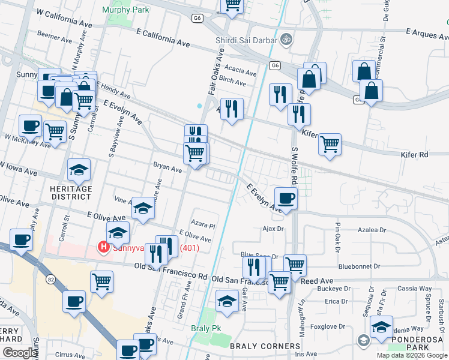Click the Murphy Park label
(x=125, y=10)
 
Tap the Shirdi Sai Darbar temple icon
(x=287, y=40)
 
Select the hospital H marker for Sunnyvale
(x=103, y=247)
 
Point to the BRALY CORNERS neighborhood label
(x=265, y=346)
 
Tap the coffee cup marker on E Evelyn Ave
(x=286, y=197)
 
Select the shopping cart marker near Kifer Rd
(x=330, y=144)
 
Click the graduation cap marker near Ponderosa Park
(x=381, y=326)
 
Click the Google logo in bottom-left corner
(x=20, y=353)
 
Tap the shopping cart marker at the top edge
(x=232, y=5)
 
